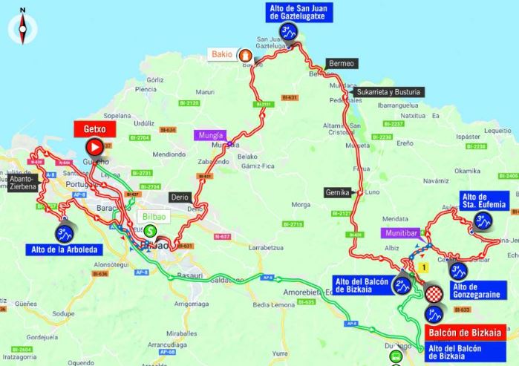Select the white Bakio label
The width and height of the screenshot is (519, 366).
(x=221, y=54)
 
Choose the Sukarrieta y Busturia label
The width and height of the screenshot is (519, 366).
(x=392, y=92)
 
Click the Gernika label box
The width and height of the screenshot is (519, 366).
(x=338, y=192)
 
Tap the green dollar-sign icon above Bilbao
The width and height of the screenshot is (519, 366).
(x=150, y=231)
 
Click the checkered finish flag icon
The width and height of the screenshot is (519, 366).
(x=433, y=295)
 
